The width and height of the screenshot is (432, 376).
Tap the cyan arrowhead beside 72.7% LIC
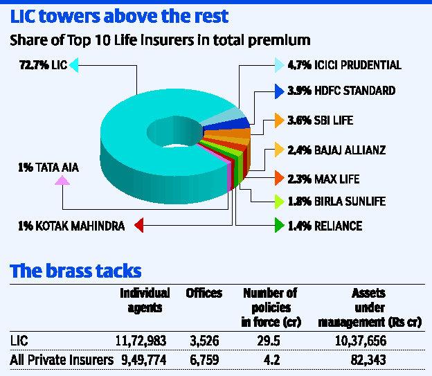74,66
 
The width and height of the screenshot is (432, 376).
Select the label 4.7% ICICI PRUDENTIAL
343,66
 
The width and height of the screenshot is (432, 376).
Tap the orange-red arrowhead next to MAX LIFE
278,179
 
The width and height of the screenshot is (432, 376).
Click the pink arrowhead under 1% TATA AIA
62,181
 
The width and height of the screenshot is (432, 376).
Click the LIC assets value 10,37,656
359,340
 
